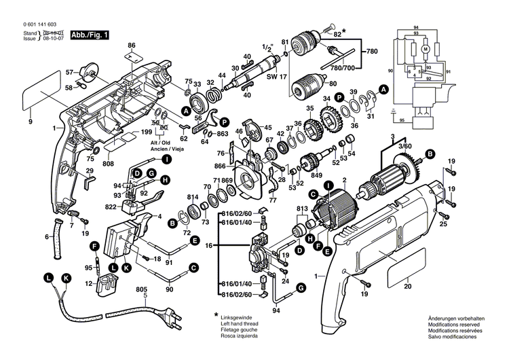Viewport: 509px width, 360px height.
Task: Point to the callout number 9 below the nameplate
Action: (x=30, y=121)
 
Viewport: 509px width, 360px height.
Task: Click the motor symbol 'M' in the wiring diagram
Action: (x=426, y=50)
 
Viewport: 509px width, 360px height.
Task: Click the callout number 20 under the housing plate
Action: (x=408, y=287)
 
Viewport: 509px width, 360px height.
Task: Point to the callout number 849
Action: (x=316, y=175)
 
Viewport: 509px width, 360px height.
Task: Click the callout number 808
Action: (x=108, y=164)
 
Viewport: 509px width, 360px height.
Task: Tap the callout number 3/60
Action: (x=404, y=146)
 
